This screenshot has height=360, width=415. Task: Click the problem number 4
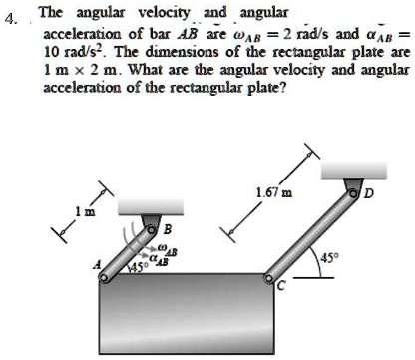[12, 17]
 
